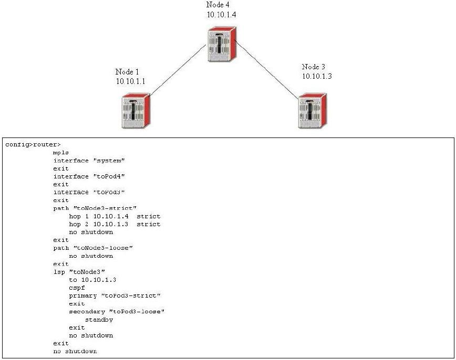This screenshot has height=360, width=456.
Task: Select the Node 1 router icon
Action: click(x=136, y=110)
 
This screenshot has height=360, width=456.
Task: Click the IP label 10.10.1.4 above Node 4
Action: click(x=221, y=15)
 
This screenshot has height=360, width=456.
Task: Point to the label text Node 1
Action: click(x=127, y=71)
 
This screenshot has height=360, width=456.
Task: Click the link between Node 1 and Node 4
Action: click(x=177, y=72)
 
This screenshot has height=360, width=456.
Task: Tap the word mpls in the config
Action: click(x=61, y=152)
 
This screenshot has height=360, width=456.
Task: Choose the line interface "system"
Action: click(x=89, y=161)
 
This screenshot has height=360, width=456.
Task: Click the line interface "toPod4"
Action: click(x=89, y=176)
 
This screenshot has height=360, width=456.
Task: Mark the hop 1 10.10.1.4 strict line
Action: click(x=115, y=216)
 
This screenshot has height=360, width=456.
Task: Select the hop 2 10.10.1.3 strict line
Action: click(x=115, y=224)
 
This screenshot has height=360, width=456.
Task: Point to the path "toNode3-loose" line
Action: click(x=92, y=248)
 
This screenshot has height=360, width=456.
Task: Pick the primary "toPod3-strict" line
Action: click(x=115, y=295)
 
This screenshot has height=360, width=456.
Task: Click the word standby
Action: click(x=99, y=320)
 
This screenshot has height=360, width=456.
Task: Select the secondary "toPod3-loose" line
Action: click(x=117, y=312)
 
